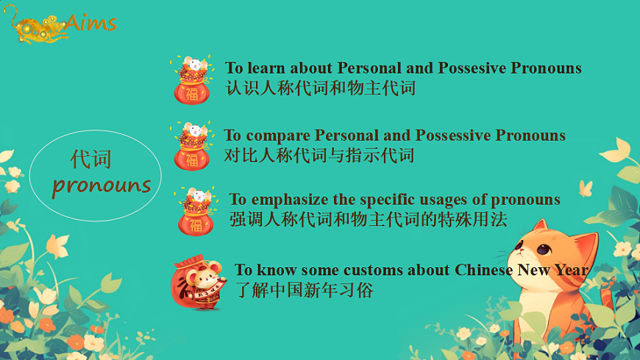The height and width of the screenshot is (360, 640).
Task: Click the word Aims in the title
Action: pyautogui.click(x=90, y=22)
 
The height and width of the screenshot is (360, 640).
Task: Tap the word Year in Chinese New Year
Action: pyautogui.click(x=571, y=270)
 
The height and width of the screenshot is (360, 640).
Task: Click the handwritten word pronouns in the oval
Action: pyautogui.click(x=101, y=185)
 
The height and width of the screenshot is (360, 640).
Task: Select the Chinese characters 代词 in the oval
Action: pyautogui.click(x=91, y=158)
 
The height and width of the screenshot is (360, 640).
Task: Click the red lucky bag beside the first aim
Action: pyautogui.click(x=191, y=80)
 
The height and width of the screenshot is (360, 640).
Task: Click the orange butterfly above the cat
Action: pyautogui.click(x=586, y=188)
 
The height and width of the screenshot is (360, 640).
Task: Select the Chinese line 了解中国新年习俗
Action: pyautogui.click(x=304, y=290)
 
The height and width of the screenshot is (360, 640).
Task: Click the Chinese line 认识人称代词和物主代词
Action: pyautogui.click(x=321, y=88)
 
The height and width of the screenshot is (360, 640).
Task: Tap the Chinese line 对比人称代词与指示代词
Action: pyautogui.click(x=319, y=155)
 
